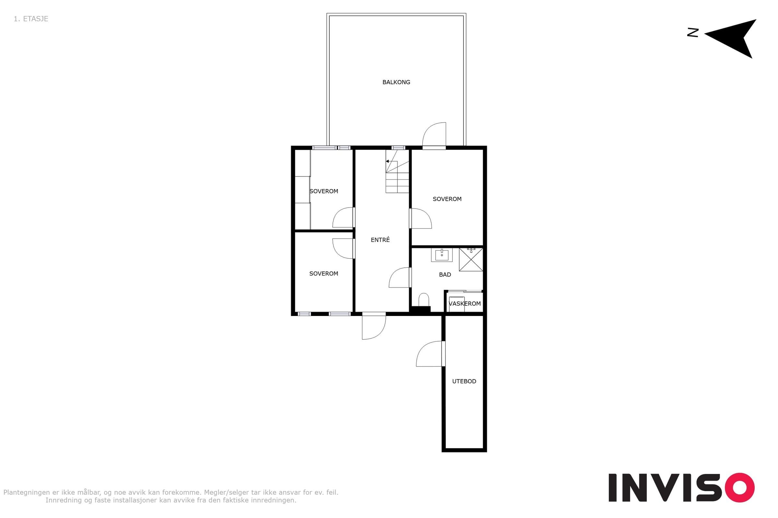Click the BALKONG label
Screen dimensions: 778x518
click(396, 82)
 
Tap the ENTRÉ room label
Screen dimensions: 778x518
click(380, 240)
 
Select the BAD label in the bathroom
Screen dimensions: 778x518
click(445, 275)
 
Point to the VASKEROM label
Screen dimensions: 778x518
click(465, 304)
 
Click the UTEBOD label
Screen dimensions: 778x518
click(464, 381)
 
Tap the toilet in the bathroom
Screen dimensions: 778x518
click(424, 300)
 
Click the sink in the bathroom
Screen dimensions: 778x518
click(442, 255)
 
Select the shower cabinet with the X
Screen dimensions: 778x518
click(471, 260)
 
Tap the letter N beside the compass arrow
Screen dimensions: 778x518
click(693, 32)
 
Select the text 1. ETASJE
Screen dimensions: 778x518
click(31, 19)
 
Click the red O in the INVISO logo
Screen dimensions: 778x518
click(740, 488)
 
